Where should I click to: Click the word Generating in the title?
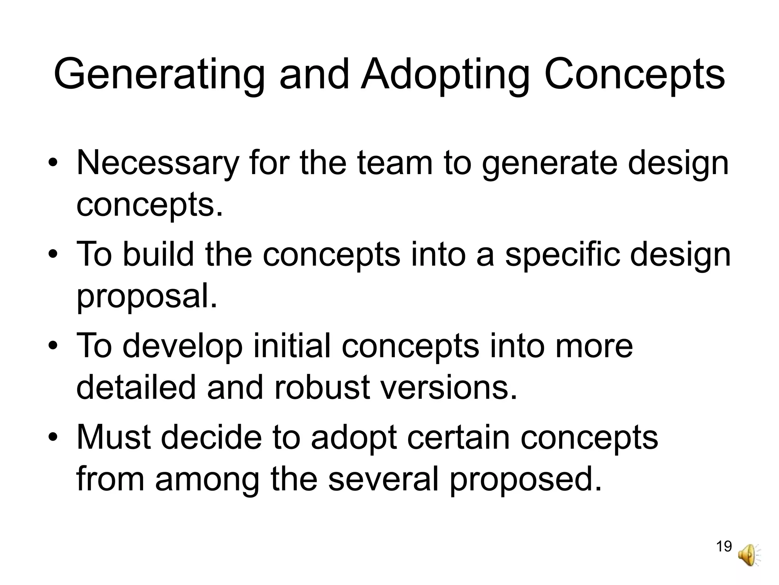(x=159, y=75)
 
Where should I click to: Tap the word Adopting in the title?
(x=445, y=75)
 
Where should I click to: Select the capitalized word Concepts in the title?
(x=634, y=75)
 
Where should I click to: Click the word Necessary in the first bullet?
(x=157, y=164)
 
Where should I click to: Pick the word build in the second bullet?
(x=157, y=255)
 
